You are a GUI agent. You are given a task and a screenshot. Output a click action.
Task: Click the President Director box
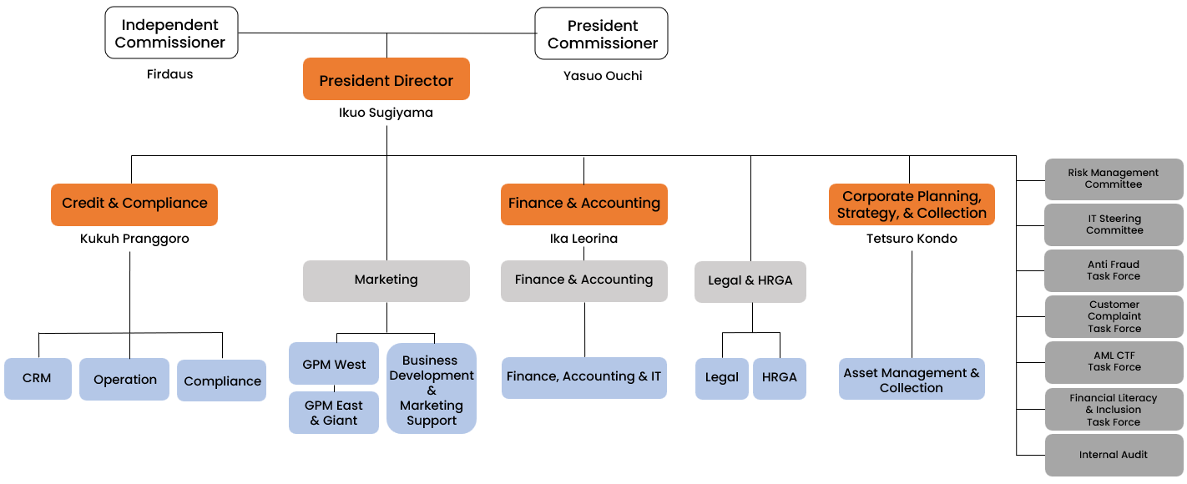pos(386,80)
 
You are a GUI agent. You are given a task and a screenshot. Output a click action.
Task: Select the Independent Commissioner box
pos(171,33)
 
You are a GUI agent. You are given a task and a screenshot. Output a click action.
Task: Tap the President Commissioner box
pos(602,34)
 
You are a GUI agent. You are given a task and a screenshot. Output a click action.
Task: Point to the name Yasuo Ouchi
pos(603,76)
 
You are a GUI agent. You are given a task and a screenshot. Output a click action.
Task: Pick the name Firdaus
pos(169,74)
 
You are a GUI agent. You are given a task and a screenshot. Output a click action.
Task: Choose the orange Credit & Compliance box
pos(134,204)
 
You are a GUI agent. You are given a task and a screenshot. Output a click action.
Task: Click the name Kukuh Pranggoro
pos(134,239)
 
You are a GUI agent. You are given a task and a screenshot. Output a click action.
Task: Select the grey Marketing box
pos(386,280)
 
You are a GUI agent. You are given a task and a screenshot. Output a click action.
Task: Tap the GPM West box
pos(334,364)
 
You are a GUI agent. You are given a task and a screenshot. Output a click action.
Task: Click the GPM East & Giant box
pos(334,413)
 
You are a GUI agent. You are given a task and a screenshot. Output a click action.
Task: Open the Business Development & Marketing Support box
pos(431,390)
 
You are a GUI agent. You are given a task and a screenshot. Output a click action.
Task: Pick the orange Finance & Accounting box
pos(583,204)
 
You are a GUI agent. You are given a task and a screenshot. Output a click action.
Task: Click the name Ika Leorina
pos(583,239)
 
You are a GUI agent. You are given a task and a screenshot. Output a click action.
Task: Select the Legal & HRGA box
pos(750,281)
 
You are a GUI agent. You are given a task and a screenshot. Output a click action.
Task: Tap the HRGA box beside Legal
pos(779,378)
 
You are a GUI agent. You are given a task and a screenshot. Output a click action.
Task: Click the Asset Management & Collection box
pos(911,380)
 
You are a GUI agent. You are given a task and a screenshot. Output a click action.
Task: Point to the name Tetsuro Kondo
pos(911,239)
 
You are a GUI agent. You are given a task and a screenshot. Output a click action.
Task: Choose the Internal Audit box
pos(1114,455)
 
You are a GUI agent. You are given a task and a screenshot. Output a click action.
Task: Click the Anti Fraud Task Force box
pos(1114,270)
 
